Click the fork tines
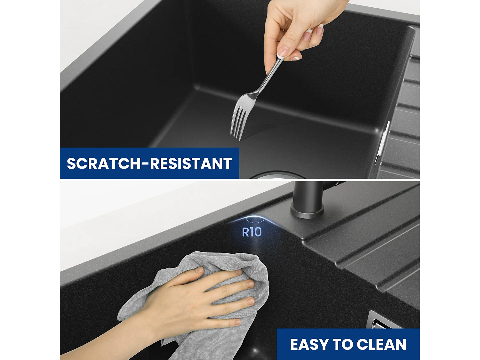point(239,123)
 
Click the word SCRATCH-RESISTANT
point(149,164)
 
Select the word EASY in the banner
point(309,345)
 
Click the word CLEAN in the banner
point(381,345)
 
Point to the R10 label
point(252,232)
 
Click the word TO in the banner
point(344,345)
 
